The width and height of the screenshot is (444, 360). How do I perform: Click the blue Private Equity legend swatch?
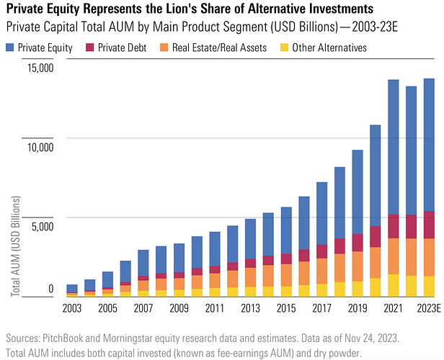tap(9, 48)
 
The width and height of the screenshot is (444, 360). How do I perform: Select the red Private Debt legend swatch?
tap(90, 48)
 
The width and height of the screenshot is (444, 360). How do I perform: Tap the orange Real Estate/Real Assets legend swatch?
tap(164, 48)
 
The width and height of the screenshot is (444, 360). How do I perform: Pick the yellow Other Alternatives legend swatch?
tap(284, 48)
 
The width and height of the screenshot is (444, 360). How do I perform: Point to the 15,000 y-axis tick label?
tap(40, 68)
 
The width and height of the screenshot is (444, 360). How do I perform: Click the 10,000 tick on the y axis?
tap(40, 148)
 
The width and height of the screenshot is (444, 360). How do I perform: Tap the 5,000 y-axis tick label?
tap(43, 227)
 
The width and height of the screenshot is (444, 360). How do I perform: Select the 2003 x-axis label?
tap(72, 308)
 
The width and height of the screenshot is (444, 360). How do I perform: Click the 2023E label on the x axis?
tap(429, 308)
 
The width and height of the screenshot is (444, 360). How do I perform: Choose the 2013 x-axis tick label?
tap(250, 308)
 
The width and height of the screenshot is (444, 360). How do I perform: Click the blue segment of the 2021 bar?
tap(394, 147)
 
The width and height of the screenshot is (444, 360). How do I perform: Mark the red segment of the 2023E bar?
tap(429, 225)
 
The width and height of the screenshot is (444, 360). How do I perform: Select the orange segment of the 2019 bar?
tap(358, 266)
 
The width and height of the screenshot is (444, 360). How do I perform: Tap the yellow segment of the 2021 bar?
tap(394, 285)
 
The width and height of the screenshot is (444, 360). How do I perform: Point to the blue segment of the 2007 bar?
tap(143, 263)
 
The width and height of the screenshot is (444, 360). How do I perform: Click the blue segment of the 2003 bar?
tap(72, 289)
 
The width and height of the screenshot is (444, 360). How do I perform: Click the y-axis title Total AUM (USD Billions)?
tap(16, 246)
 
